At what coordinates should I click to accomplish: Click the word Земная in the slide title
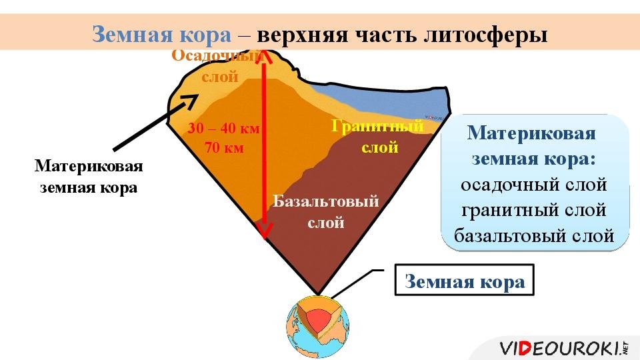(x=133, y=34)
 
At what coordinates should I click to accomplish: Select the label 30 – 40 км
(x=224, y=128)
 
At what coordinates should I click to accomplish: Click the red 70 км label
(x=224, y=147)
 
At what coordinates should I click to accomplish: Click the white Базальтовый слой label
(x=326, y=212)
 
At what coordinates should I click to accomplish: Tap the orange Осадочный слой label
(x=219, y=66)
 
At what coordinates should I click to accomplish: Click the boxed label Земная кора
(x=465, y=281)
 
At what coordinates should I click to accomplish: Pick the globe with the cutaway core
(x=318, y=327)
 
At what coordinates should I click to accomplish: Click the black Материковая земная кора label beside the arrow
(x=89, y=176)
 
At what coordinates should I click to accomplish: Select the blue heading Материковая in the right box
(x=531, y=133)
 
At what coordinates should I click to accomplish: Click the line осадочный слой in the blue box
(x=534, y=185)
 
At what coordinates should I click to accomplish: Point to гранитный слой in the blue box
(x=534, y=211)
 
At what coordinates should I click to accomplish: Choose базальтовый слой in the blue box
(x=534, y=236)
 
